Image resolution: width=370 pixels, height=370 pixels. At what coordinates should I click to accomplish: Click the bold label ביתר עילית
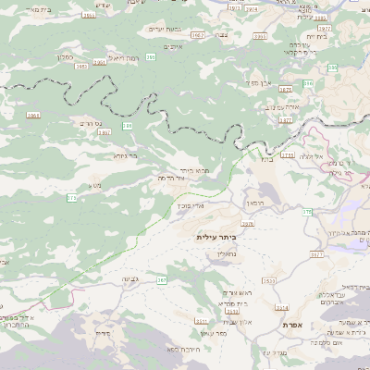point(216,237)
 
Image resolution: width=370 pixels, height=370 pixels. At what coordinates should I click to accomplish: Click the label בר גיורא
point(125,156)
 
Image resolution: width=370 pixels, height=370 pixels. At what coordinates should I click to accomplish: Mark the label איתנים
point(176,46)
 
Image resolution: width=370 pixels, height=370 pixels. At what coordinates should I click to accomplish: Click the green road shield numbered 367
point(162,278)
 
